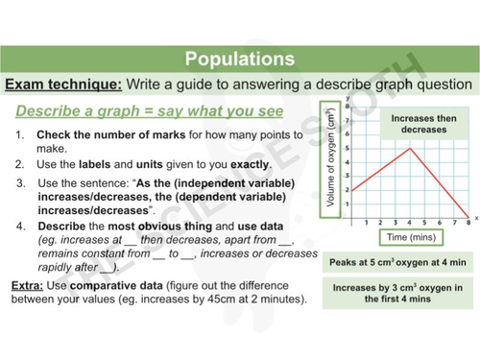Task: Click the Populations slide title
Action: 239,58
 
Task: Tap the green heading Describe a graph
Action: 98,111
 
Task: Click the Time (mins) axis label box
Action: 408,236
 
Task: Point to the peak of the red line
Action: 410,148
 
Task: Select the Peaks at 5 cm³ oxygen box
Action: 397,261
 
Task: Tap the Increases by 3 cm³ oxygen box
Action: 397,294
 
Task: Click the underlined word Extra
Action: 28,287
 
